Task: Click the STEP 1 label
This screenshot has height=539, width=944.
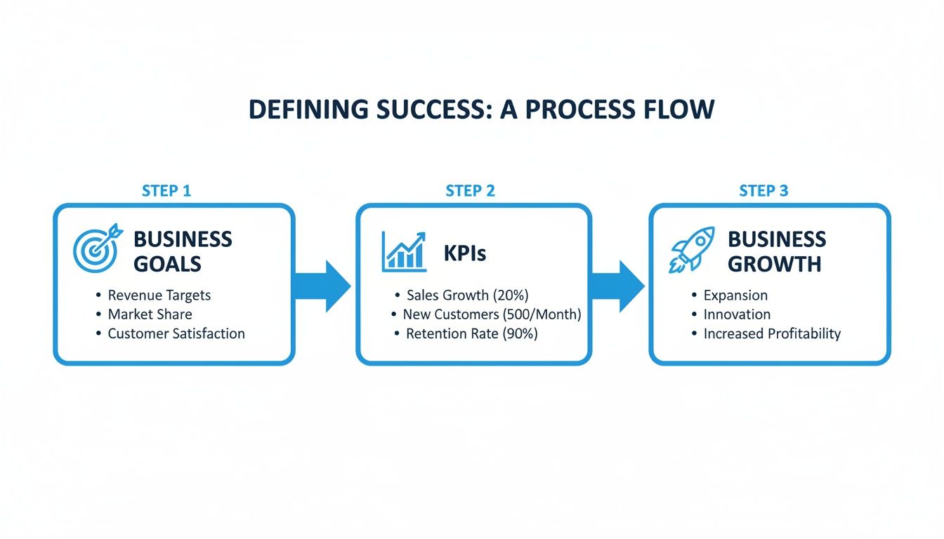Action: pyautogui.click(x=166, y=191)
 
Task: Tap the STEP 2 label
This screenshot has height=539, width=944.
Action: pyautogui.click(x=470, y=191)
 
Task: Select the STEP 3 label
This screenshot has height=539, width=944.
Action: pyautogui.click(x=763, y=191)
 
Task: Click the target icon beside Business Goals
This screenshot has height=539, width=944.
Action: pyautogui.click(x=97, y=249)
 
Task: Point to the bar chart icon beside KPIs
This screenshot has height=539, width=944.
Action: pyautogui.click(x=404, y=251)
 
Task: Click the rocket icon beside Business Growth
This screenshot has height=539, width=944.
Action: pyautogui.click(x=692, y=250)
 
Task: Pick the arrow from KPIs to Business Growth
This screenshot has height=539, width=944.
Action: pyautogui.click(x=617, y=286)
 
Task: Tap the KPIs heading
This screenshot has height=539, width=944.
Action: pyautogui.click(x=464, y=253)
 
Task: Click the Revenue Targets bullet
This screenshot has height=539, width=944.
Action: pyautogui.click(x=159, y=295)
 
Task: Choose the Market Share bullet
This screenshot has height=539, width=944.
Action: pyautogui.click(x=150, y=314)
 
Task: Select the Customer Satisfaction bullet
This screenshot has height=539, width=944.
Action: pyautogui.click(x=176, y=334)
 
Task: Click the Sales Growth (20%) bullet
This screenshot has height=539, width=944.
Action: pyautogui.click(x=467, y=295)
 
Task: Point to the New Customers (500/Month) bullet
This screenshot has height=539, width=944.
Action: pyautogui.click(x=492, y=314)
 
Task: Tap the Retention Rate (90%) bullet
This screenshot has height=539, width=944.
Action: pyautogui.click(x=471, y=334)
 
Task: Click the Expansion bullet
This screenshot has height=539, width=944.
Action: pyautogui.click(x=735, y=295)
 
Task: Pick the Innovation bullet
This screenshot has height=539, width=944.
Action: pyautogui.click(x=737, y=314)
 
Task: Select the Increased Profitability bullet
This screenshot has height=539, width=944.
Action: pyautogui.click(x=772, y=334)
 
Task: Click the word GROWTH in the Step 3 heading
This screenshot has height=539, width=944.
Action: pyautogui.click(x=774, y=264)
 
